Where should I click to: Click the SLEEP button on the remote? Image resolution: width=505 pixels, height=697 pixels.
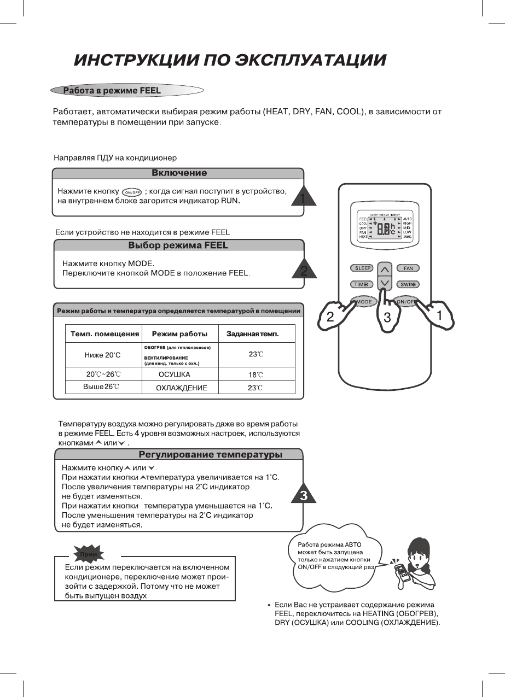(x=362, y=268)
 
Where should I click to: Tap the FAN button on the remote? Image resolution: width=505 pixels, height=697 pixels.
(x=408, y=268)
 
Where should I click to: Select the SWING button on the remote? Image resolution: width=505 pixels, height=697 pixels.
(x=408, y=284)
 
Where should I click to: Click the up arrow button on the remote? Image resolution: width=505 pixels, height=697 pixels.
(x=385, y=269)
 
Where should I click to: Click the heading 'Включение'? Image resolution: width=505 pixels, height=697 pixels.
(x=178, y=173)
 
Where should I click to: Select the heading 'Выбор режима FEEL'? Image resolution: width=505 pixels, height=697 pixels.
(x=178, y=245)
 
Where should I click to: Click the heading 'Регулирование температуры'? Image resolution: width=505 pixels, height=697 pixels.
(x=210, y=455)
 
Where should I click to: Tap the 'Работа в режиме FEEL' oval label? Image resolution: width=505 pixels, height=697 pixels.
(x=112, y=91)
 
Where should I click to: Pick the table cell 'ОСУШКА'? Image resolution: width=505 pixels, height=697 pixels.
(x=174, y=374)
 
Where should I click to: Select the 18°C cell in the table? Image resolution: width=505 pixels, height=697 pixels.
(x=256, y=375)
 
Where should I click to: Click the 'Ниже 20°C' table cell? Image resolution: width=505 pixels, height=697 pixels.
(x=102, y=355)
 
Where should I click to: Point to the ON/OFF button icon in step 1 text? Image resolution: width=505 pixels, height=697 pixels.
(x=132, y=192)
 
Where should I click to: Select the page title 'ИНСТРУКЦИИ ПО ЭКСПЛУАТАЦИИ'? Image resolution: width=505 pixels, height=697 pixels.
(x=230, y=60)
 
